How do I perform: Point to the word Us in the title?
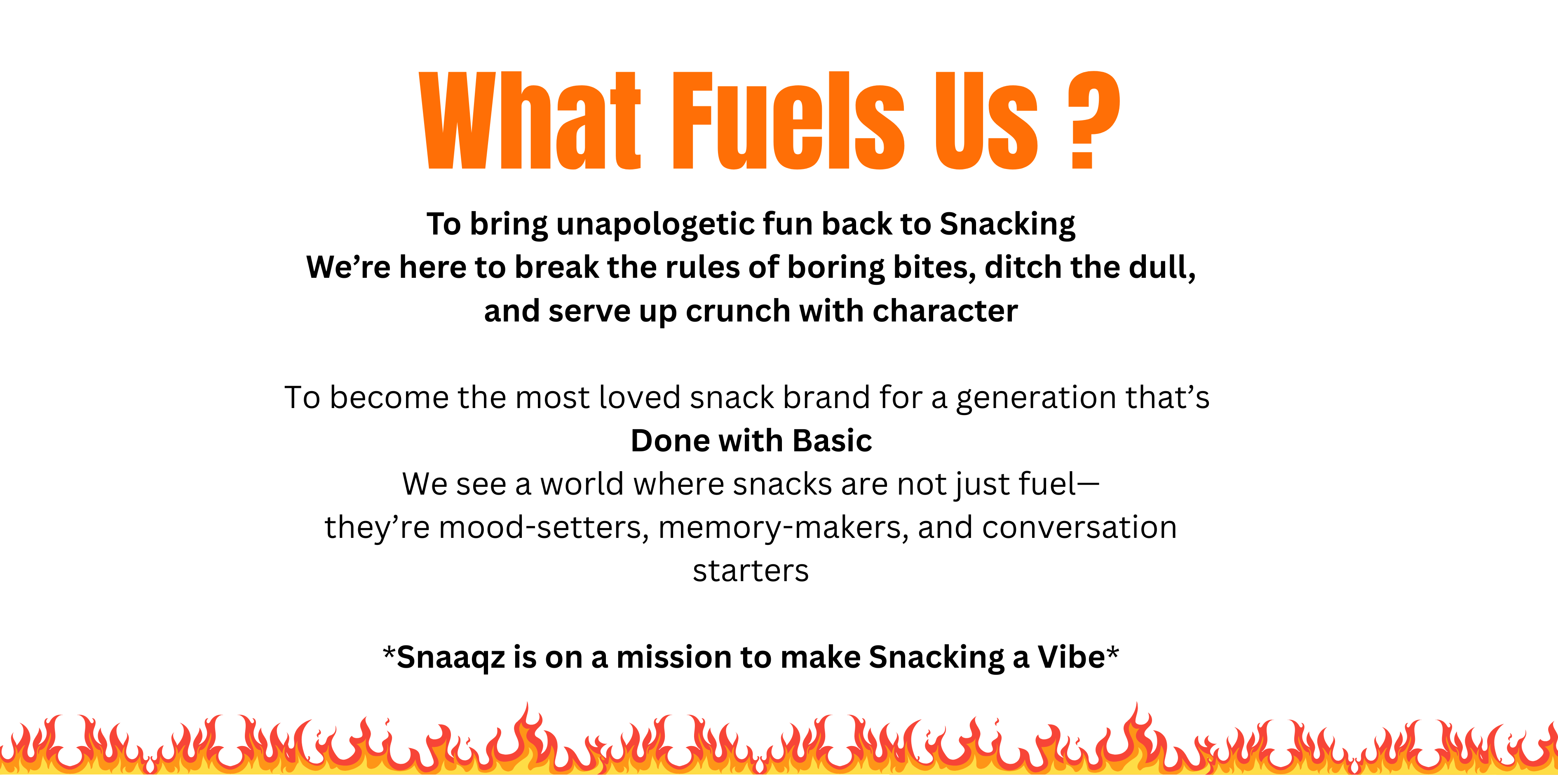pos(986,120)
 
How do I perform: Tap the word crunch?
pos(738,312)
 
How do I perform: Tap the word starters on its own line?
pos(751,571)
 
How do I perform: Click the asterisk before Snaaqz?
pos(389,652)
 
